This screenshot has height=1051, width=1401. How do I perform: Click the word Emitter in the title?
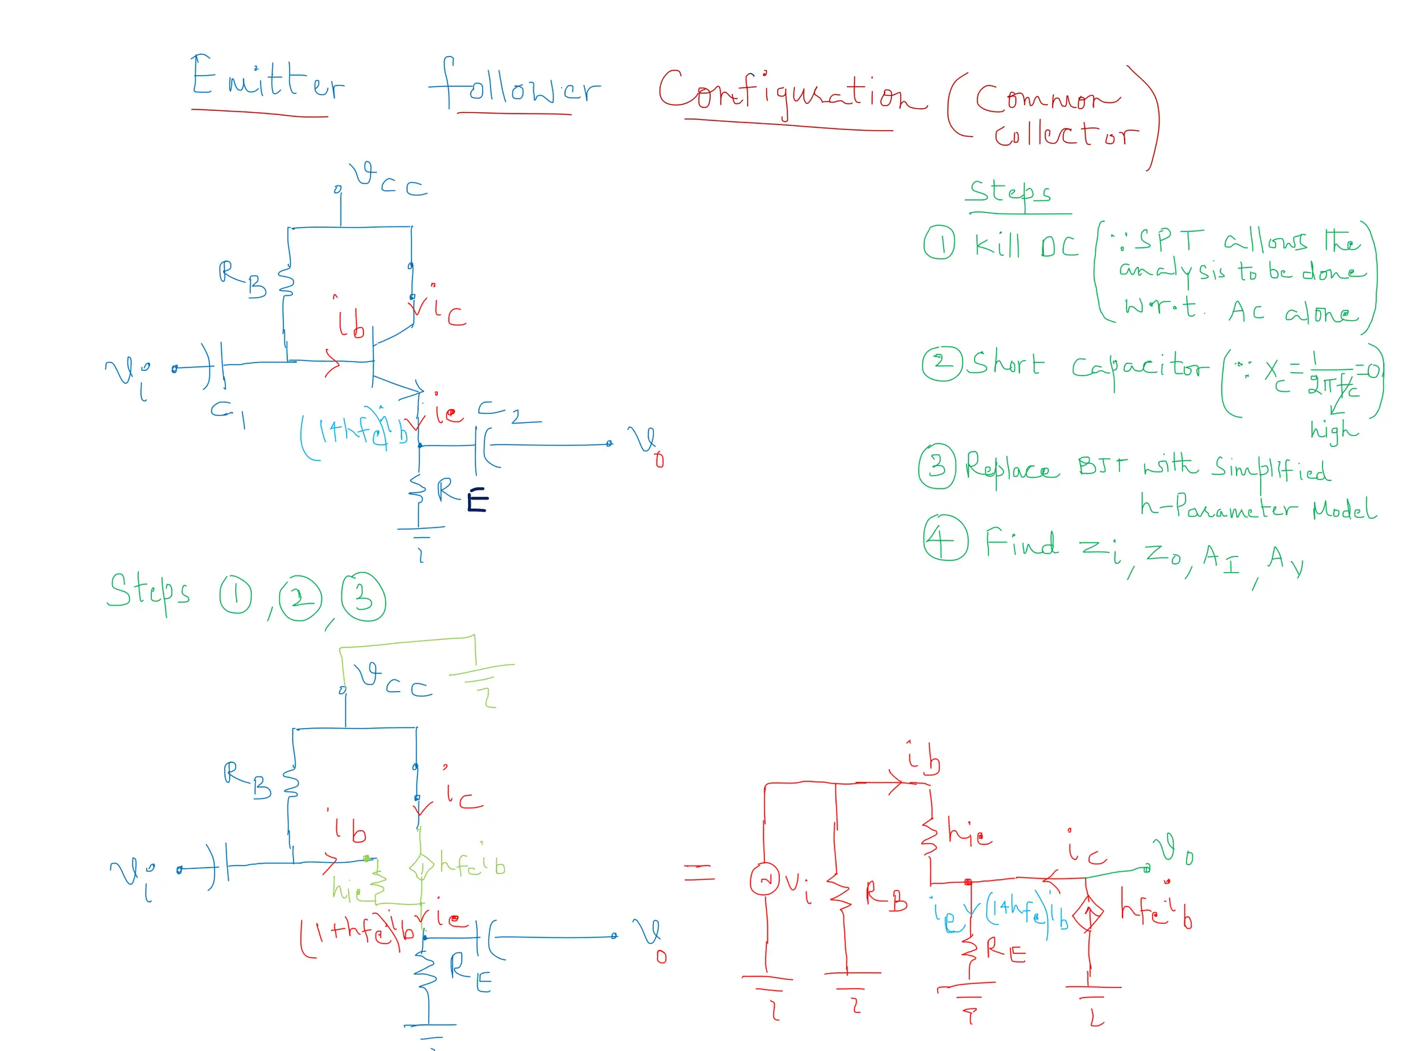click(267, 79)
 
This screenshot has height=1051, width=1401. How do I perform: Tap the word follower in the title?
click(514, 86)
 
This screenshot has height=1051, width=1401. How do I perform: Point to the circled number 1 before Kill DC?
click(939, 243)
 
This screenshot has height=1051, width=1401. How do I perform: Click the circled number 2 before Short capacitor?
click(942, 363)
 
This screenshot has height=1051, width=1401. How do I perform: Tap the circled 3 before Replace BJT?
click(937, 466)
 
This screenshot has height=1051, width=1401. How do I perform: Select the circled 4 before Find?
click(945, 539)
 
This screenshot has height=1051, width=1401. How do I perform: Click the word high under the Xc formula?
click(1333, 430)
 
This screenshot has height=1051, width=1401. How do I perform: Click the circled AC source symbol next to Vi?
click(765, 879)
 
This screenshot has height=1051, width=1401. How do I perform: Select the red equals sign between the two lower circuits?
click(699, 872)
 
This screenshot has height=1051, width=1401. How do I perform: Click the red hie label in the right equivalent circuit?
click(970, 833)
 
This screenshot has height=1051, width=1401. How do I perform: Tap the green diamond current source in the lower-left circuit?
click(421, 867)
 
